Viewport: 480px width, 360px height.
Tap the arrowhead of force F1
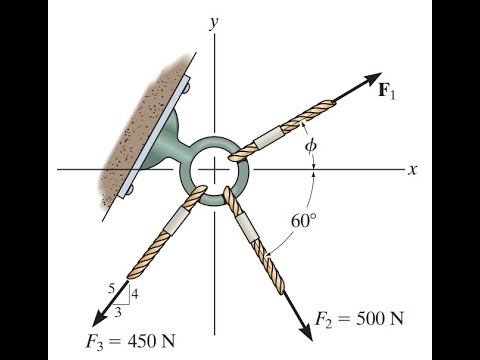coord(374,79)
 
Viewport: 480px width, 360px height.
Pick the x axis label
coord(411,170)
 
